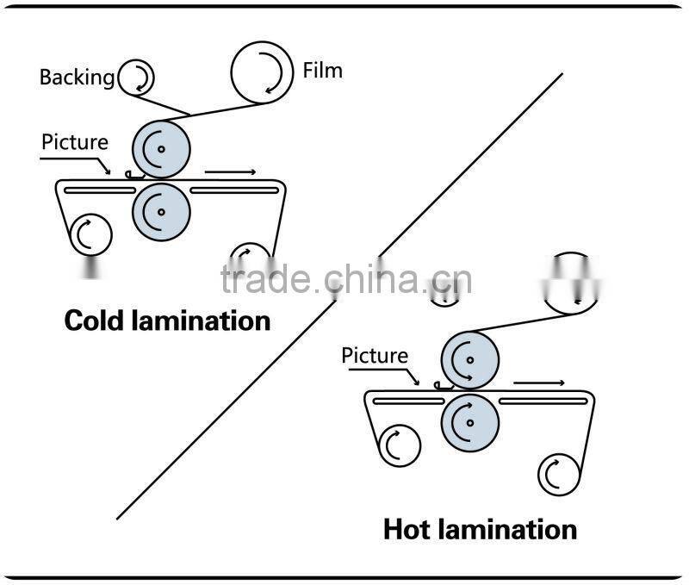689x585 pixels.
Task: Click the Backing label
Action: pyautogui.click(x=77, y=78)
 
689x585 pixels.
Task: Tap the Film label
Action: pyautogui.click(x=322, y=70)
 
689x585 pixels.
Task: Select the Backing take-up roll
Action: pyautogui.click(x=137, y=78)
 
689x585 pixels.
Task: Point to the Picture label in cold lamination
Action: pyautogui.click(x=75, y=142)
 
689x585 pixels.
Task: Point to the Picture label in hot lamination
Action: pyautogui.click(x=375, y=355)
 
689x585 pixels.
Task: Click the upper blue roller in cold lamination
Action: pyautogui.click(x=160, y=147)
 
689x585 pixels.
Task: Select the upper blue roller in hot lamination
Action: pyautogui.click(x=469, y=357)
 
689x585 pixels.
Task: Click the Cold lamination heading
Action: pyautogui.click(x=168, y=321)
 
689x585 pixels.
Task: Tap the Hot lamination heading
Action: pyautogui.click(x=480, y=528)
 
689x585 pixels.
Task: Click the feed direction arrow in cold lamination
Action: pyautogui.click(x=230, y=173)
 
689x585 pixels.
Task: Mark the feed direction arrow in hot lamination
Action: pyautogui.click(x=539, y=383)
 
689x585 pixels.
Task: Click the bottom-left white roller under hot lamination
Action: pyautogui.click(x=399, y=445)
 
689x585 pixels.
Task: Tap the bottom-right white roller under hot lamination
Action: pyautogui.click(x=559, y=472)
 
